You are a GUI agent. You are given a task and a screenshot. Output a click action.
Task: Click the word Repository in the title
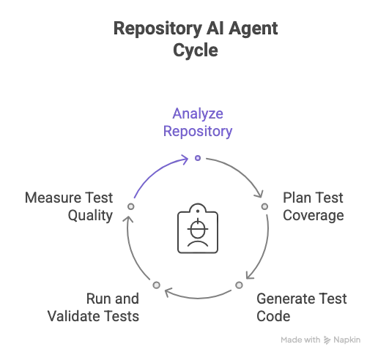point(157,29)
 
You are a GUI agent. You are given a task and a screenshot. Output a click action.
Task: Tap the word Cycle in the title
point(196,50)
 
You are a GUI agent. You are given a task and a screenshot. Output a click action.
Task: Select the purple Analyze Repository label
point(198,122)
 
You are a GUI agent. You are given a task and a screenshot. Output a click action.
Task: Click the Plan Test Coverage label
point(314,206)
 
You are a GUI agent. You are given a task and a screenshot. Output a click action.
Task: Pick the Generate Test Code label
point(302,307)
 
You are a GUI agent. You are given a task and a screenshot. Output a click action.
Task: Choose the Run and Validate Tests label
point(93,307)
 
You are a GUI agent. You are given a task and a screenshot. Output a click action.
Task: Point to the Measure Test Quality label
point(69,206)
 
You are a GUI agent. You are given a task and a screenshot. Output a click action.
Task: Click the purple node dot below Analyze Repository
point(198,158)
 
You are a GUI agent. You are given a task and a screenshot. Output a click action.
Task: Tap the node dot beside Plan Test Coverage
point(264,206)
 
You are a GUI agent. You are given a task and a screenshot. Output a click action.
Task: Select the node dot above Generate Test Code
point(239,285)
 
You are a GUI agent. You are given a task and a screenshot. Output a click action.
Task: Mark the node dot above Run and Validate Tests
point(157,285)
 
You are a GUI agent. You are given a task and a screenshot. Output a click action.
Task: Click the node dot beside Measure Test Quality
point(131,206)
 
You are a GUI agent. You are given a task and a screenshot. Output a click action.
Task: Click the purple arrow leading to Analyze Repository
point(156,171)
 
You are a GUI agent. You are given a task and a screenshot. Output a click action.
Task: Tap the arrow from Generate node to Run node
point(198,298)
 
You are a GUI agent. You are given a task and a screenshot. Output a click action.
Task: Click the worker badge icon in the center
point(198,228)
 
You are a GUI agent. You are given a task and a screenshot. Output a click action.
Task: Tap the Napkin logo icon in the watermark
point(327,340)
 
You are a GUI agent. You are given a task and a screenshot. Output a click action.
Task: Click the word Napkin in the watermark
point(347,340)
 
